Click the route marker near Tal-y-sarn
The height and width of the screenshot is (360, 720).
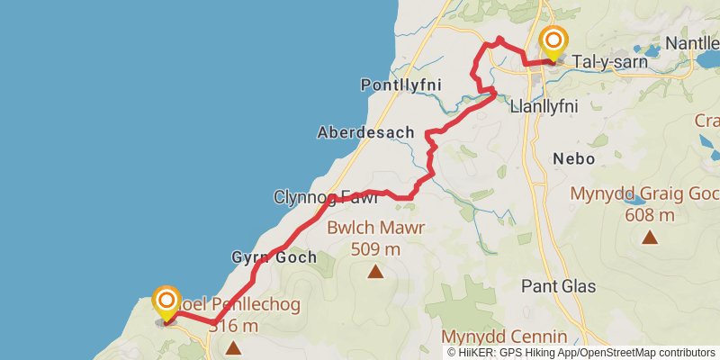coord(554,42)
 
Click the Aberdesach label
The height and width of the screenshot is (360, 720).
coord(365,132)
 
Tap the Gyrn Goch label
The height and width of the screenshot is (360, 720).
coord(274,257)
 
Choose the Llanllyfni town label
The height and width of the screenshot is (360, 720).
coord(543,105)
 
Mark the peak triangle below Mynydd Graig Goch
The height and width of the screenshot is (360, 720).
coord(649,238)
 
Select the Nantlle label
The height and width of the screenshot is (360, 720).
coord(691,43)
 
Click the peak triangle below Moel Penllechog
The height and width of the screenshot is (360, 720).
coord(233,346)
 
